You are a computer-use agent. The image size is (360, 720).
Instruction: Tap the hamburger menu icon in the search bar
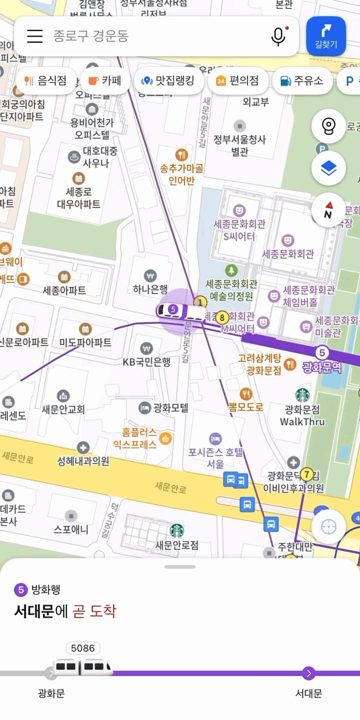click(35, 36)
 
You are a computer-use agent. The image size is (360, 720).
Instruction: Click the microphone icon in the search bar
click(278, 36)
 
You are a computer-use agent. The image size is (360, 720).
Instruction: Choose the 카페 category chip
click(105, 80)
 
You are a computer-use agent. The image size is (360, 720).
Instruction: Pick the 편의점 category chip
click(237, 80)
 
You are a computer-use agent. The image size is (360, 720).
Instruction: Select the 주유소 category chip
click(302, 80)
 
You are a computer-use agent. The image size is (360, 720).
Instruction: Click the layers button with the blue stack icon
click(328, 168)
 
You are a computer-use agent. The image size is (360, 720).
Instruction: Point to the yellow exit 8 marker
click(222, 317)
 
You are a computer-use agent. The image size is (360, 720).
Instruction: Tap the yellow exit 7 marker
click(307, 474)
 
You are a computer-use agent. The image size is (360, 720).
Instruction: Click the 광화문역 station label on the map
click(322, 367)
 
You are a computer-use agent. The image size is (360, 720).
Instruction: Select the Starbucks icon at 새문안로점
click(177, 530)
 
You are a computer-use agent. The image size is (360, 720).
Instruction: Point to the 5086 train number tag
click(83, 648)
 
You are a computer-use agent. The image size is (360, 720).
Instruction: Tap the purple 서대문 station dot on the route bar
click(308, 673)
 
